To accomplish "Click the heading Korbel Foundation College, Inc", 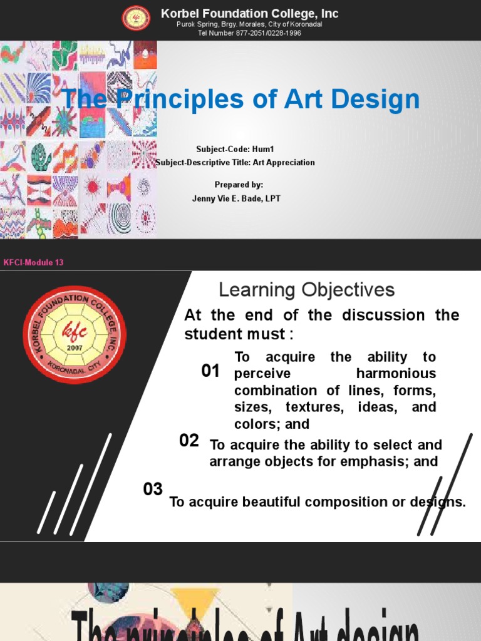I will click(249, 13).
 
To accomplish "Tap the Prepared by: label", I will click(239, 185).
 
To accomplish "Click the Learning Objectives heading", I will click(306, 290).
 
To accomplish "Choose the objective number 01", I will click(210, 371).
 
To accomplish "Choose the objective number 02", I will click(189, 441).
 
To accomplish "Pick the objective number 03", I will click(153, 490).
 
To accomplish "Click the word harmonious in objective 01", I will click(396, 374).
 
